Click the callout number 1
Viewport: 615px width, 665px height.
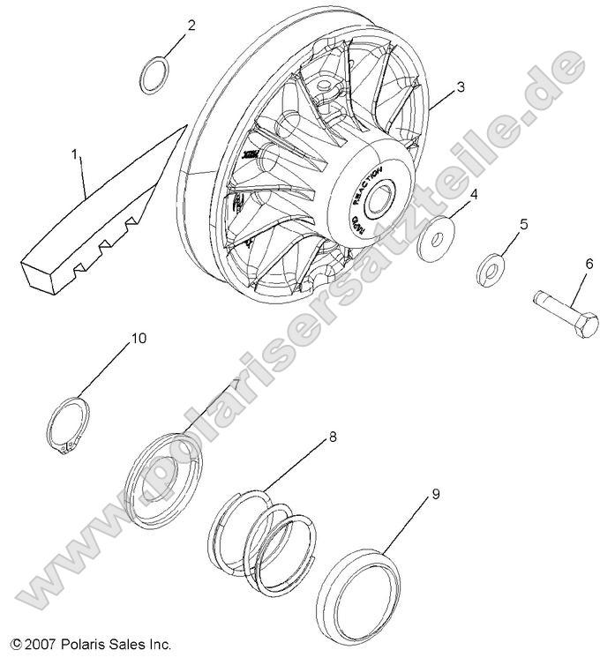pos(76,155)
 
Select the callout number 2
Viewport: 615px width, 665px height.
pos(191,26)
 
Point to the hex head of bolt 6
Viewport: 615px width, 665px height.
pos(585,325)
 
